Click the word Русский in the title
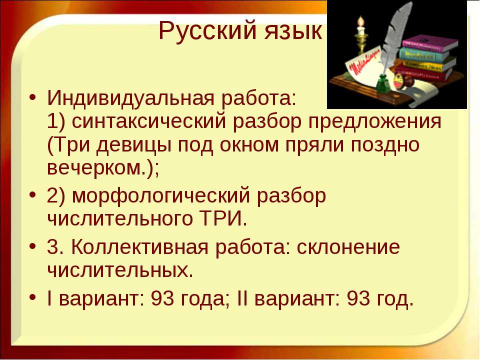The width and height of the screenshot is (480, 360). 209,30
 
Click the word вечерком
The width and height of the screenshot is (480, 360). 95,167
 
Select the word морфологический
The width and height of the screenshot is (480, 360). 160,196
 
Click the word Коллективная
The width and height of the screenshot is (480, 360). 139,247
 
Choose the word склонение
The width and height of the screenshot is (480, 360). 348,247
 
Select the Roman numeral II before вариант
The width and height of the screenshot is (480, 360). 242,298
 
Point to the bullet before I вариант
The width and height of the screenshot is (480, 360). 32,296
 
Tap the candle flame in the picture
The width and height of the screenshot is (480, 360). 361,21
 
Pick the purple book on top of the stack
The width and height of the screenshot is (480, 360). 429,45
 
